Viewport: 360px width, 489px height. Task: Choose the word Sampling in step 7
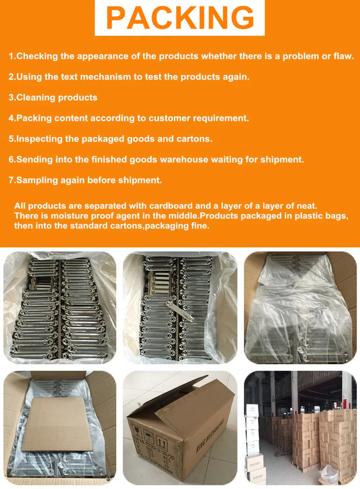[x=35, y=180]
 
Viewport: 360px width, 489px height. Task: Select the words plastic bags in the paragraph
[x=326, y=216]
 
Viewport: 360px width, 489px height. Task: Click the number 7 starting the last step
[x=11, y=180]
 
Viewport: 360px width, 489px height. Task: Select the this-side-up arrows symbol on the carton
[x=162, y=442]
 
